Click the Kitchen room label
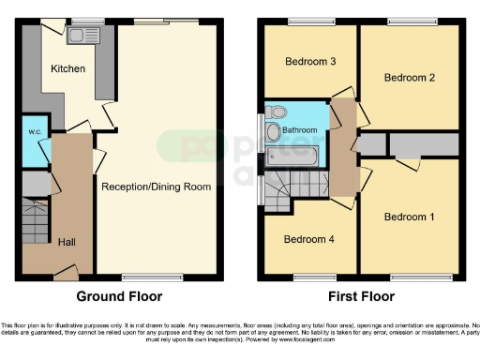coord(68,68)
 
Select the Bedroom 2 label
coord(411,78)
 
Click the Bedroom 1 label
coord(410,217)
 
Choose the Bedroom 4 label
coord(308,238)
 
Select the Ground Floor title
coord(119,296)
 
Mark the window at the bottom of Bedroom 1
coord(411,277)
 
